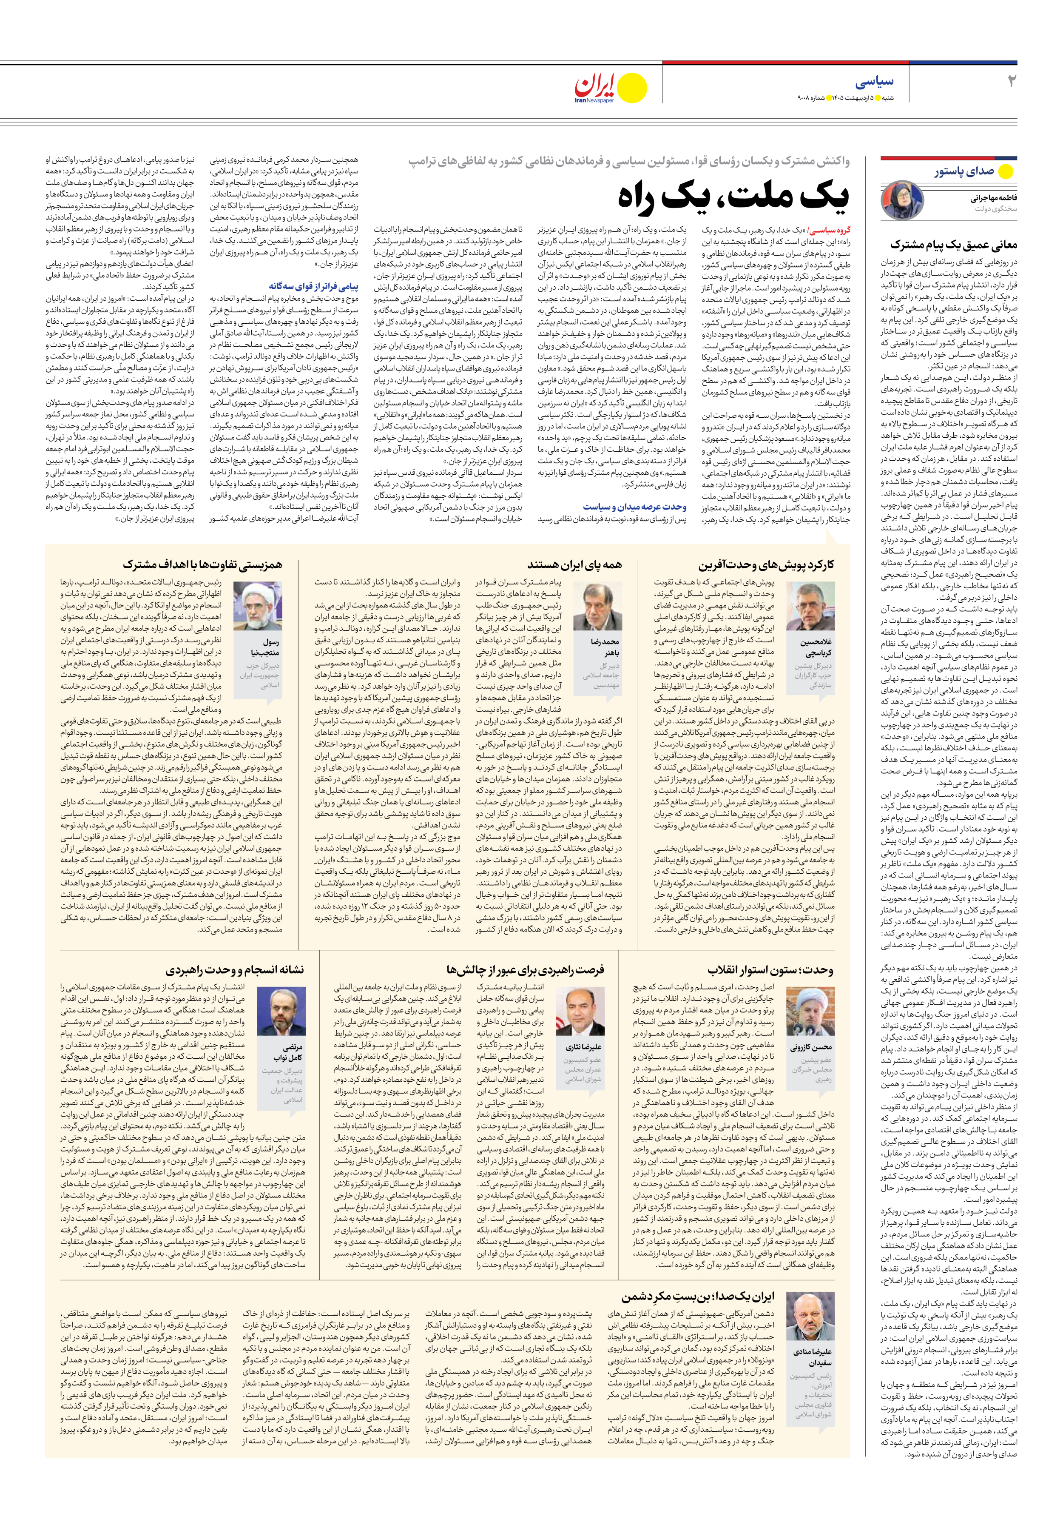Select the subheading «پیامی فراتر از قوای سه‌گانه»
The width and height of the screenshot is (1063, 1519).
313,286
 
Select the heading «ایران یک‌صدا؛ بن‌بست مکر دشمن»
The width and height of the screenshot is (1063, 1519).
697,1297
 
